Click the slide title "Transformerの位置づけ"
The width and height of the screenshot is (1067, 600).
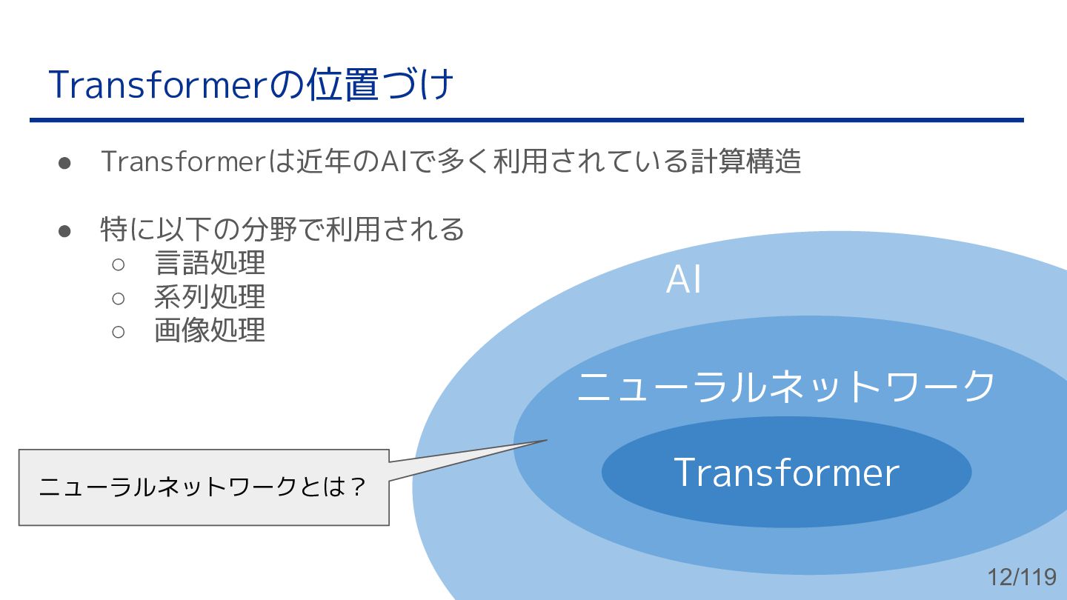point(250,85)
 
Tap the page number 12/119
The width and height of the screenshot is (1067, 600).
point(1022,577)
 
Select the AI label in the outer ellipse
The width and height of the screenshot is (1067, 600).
point(683,280)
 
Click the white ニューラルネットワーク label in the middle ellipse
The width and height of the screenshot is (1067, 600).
point(786,386)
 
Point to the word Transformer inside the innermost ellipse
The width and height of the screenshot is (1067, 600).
point(786,472)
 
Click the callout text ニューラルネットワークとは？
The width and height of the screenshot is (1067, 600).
point(202,487)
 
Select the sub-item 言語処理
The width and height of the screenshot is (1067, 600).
point(210,263)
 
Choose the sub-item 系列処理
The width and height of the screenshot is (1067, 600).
point(210,297)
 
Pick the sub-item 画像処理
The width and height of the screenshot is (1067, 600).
point(210,330)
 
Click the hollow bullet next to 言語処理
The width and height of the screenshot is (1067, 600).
point(119,264)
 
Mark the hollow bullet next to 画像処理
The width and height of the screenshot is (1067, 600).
point(119,331)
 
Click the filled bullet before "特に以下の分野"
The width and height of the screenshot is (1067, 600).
point(64,230)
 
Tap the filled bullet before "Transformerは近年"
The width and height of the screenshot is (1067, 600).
point(64,162)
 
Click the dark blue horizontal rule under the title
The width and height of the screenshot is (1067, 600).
point(526,120)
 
